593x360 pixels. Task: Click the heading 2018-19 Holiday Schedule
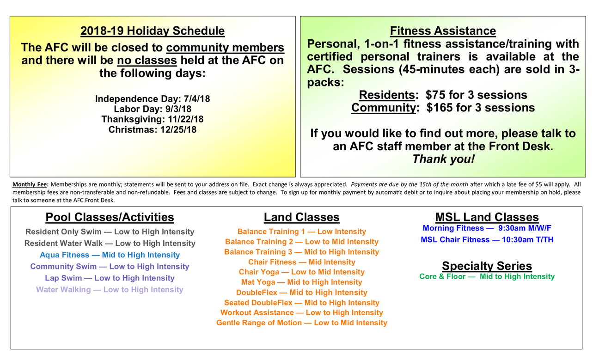click(x=153, y=31)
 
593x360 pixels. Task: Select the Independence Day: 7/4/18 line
click(x=153, y=99)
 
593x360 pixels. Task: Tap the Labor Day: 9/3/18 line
click(x=153, y=109)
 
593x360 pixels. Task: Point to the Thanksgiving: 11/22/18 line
click(x=153, y=119)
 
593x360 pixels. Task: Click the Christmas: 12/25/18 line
click(x=153, y=130)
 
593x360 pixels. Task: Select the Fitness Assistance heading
click(x=443, y=31)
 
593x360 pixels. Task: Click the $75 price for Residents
click(x=435, y=95)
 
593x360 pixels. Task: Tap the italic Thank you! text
click(x=443, y=159)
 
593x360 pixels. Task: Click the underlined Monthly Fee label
click(x=31, y=184)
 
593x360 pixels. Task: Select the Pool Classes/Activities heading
click(x=110, y=217)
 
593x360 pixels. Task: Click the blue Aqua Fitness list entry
click(x=110, y=255)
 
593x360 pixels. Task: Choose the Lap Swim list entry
click(x=110, y=278)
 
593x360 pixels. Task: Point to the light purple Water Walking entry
click(x=110, y=290)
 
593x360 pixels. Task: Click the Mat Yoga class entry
click(x=301, y=282)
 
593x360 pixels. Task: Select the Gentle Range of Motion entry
click(x=301, y=323)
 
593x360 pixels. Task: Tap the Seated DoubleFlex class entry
click(x=301, y=303)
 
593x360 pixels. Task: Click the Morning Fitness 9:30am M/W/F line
click(x=487, y=228)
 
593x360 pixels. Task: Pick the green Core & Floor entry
click(x=487, y=277)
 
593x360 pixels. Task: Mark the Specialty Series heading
click(x=487, y=266)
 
